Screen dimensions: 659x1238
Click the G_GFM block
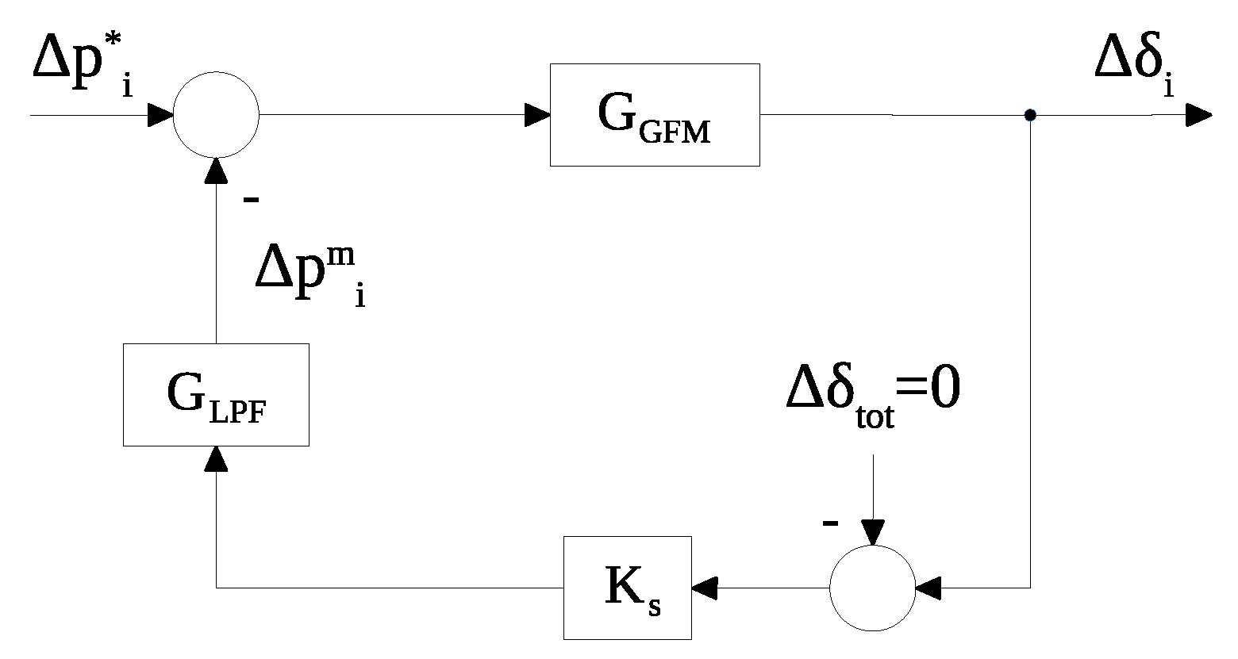click(x=655, y=115)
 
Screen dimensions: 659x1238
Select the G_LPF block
click(x=216, y=394)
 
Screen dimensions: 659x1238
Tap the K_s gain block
click(x=627, y=588)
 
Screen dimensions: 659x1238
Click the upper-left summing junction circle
click(x=216, y=115)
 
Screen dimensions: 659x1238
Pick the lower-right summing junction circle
click(x=872, y=588)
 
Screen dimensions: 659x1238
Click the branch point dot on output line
click(x=1029, y=116)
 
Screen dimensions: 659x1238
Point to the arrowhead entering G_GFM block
click(x=538, y=116)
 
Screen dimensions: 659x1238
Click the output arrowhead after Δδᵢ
click(x=1199, y=116)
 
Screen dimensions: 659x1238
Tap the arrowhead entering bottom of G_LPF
click(x=216, y=458)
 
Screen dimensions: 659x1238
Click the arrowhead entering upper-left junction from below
click(x=216, y=170)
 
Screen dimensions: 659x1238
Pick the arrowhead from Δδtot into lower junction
click(x=872, y=533)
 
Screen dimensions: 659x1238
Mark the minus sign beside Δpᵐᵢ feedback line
click(x=251, y=200)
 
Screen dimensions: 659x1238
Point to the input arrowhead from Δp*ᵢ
click(x=160, y=116)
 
